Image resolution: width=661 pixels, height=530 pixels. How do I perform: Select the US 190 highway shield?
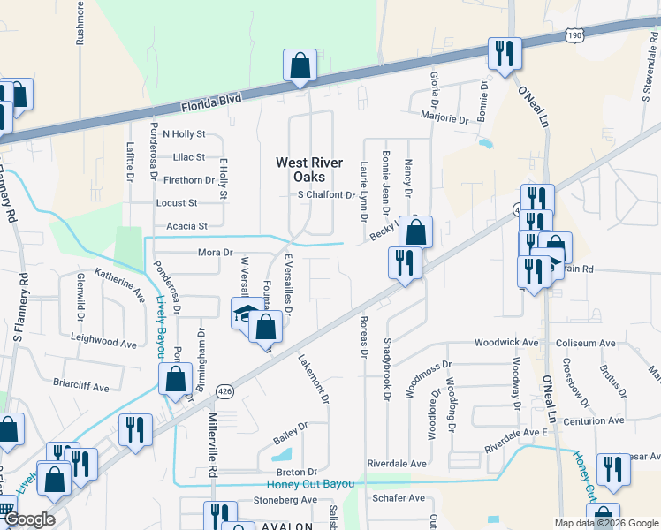pyautogui.click(x=574, y=35)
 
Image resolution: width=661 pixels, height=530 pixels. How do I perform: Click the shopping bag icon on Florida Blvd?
pyautogui.click(x=300, y=65)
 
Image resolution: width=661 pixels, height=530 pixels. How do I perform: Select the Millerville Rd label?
pyautogui.click(x=212, y=447)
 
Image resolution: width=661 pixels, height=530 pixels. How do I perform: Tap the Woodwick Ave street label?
pyautogui.click(x=506, y=342)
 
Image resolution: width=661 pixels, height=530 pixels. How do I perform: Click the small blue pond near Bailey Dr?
pyautogui.click(x=283, y=456)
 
